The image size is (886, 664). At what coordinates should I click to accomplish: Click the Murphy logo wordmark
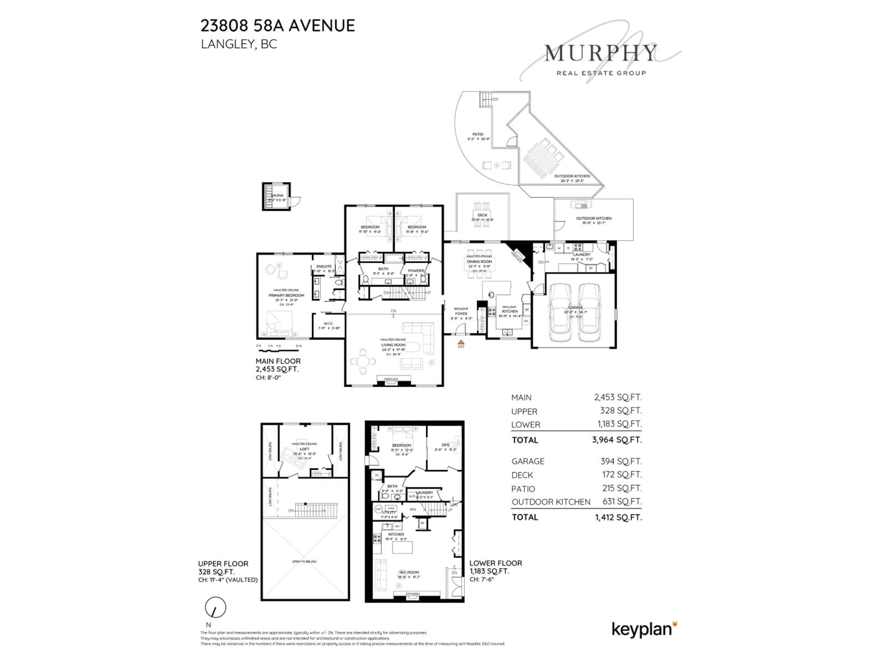coord(601,53)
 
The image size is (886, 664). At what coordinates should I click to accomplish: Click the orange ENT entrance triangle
coord(461,342)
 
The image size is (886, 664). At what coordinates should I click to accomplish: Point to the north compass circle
coord(216,608)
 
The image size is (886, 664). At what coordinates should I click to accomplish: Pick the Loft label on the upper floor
coord(304,449)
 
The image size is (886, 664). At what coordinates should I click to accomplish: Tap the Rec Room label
coord(409,572)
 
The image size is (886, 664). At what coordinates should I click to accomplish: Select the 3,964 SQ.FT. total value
coord(617,440)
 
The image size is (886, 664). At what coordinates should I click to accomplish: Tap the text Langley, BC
coord(239,44)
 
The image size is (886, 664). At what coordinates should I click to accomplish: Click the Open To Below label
coord(304,562)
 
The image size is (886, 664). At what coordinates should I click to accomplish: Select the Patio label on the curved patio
coord(478,134)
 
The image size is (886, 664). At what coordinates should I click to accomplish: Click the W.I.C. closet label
coord(329,323)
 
